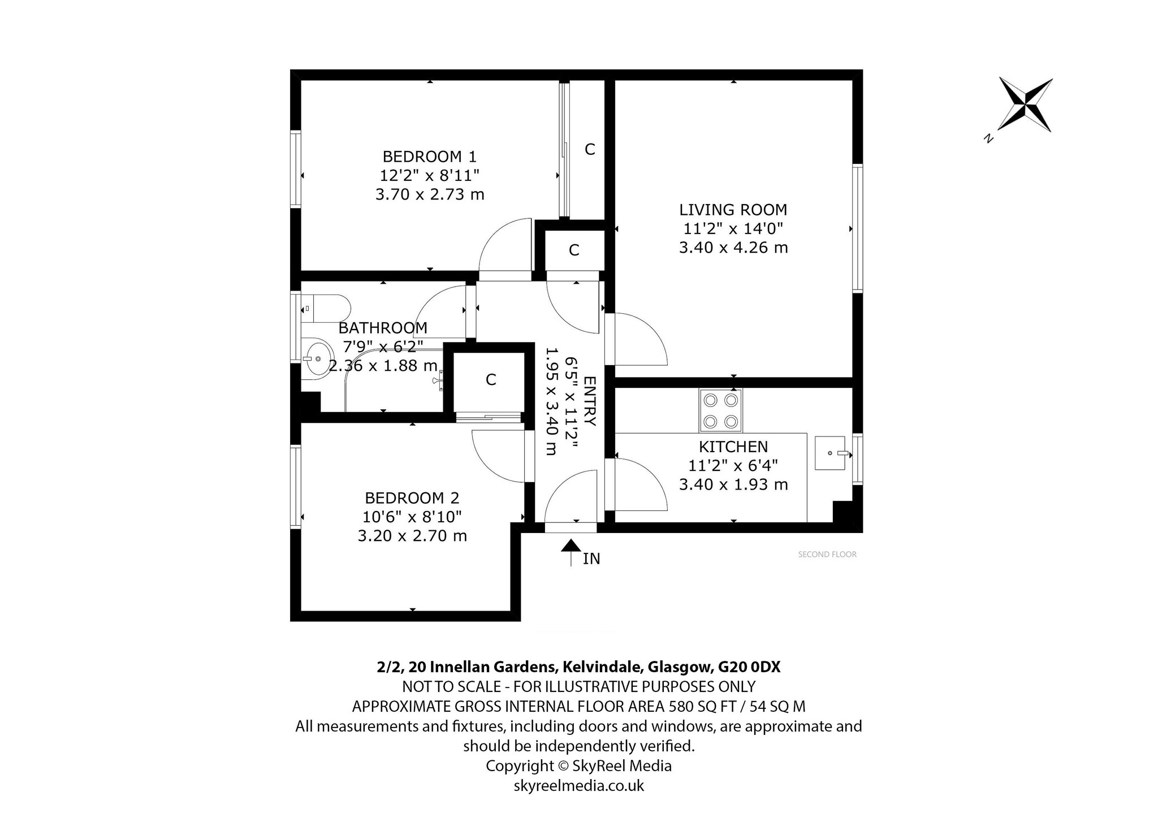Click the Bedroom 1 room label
430,156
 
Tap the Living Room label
733,210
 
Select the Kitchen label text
733,447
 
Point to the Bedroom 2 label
412,498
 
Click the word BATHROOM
383,328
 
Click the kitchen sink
830,453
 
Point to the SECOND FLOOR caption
827,555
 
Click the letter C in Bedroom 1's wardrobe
590,149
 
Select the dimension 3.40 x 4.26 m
733,248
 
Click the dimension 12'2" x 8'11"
430,175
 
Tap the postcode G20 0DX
749,667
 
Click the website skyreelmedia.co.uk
579,786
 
